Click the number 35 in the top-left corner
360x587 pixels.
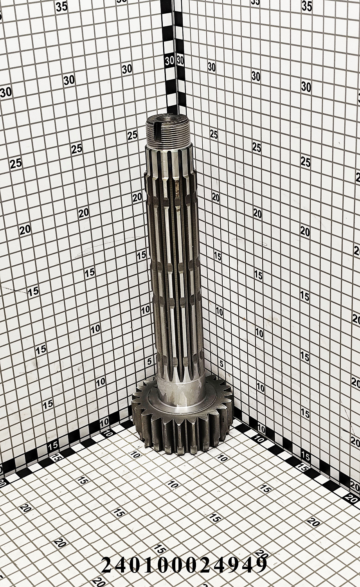pos(62,6)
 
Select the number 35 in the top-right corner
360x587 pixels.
pos(307,6)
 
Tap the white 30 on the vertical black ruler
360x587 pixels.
pos(169,61)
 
